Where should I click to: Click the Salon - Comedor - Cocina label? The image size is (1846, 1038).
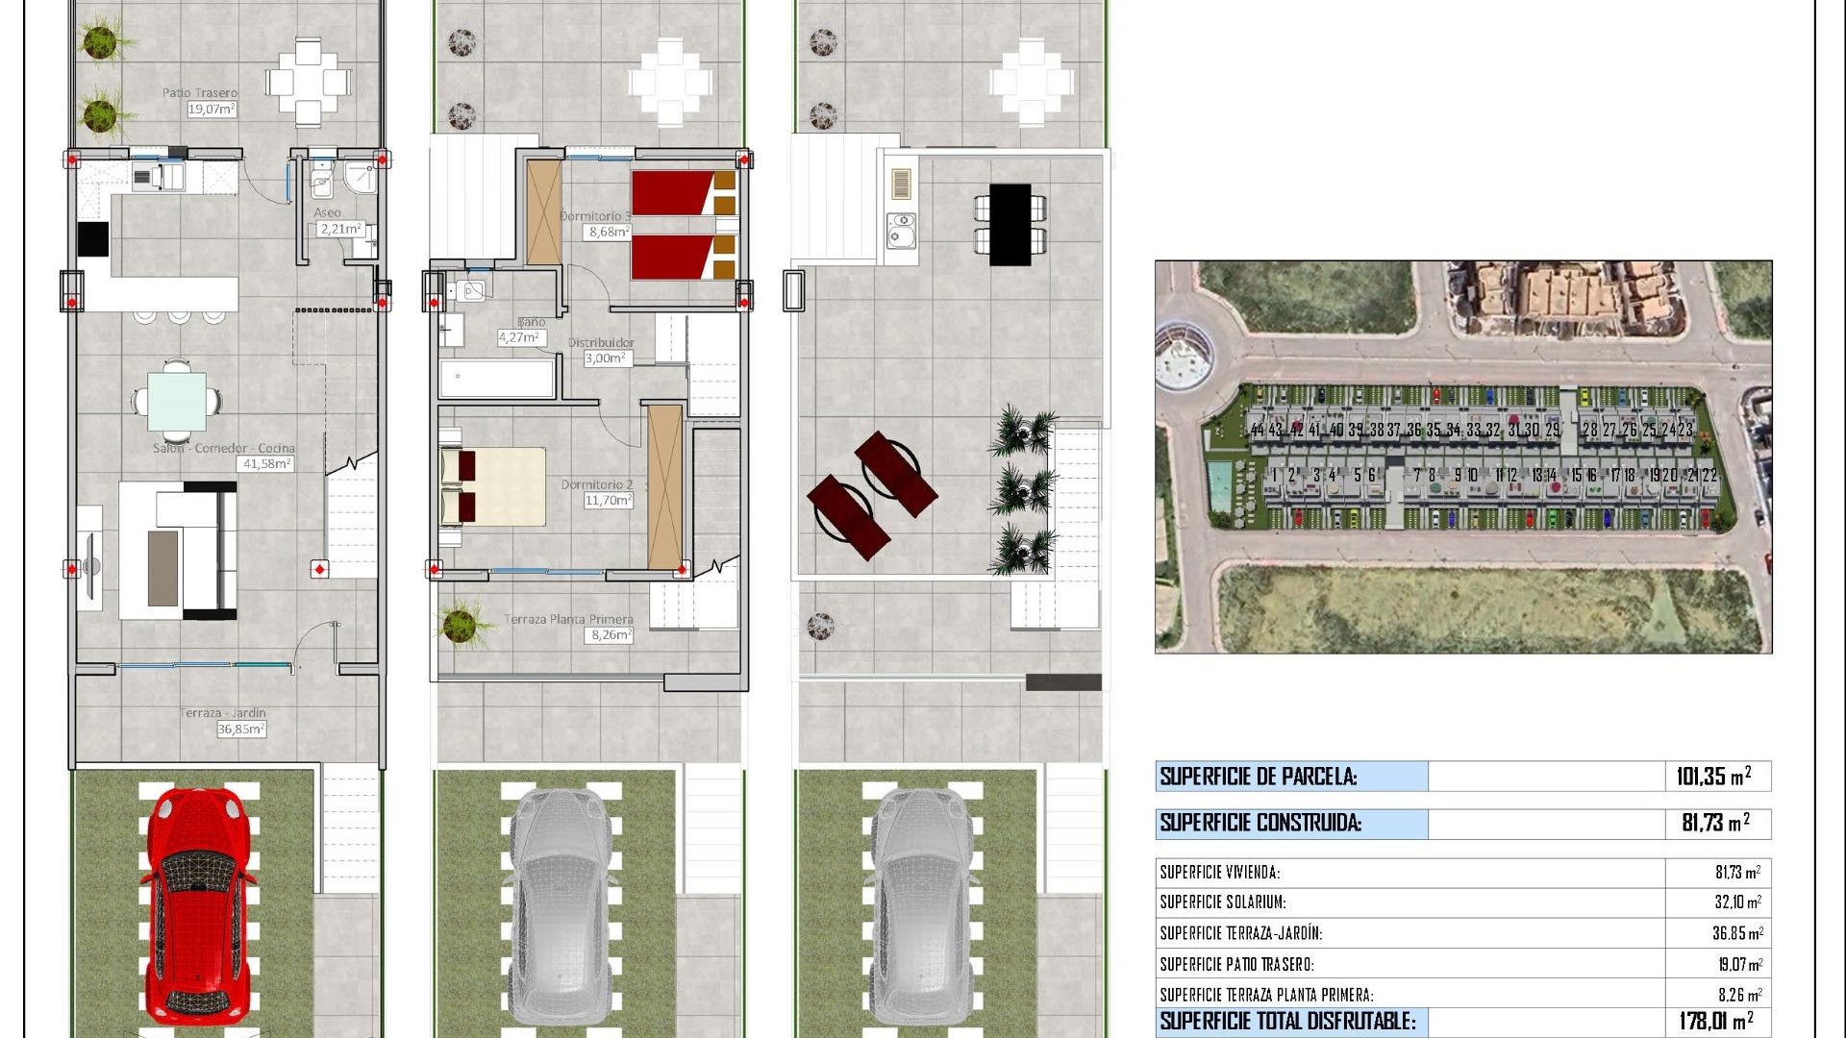tap(224, 449)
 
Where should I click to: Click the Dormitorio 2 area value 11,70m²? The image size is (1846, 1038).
tap(608, 501)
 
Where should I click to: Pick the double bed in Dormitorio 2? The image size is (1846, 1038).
tap(493, 486)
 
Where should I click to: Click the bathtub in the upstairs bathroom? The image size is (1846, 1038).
tap(497, 379)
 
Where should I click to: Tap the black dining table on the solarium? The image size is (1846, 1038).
tap(1010, 224)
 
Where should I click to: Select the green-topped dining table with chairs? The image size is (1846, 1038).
tap(176, 401)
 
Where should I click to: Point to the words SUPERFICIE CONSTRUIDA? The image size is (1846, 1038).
tap(1260, 823)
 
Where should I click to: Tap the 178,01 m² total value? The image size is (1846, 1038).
tap(1715, 1021)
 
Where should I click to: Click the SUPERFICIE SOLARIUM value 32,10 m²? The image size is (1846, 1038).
tap(1736, 902)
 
